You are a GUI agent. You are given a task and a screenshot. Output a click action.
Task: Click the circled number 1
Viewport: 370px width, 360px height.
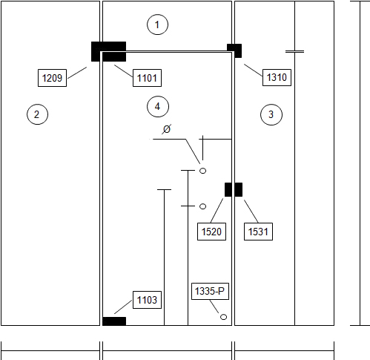[x=157, y=24]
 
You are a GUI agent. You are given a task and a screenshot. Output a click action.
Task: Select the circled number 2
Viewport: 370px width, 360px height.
[x=37, y=114]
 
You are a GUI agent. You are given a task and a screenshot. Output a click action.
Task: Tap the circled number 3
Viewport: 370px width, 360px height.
[x=271, y=114]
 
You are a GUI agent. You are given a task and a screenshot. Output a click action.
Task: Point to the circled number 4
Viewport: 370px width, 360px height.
[x=158, y=106]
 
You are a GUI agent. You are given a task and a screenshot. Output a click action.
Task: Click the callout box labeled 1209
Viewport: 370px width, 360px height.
[x=52, y=78]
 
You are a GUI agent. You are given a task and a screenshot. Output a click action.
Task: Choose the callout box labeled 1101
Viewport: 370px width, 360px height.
[x=147, y=78]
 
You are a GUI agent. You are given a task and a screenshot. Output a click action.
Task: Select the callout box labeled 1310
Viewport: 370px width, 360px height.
[x=277, y=77]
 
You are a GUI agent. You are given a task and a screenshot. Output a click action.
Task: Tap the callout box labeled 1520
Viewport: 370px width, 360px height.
[x=211, y=232]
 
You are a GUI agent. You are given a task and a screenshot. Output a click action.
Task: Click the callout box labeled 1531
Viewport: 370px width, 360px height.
[x=258, y=232]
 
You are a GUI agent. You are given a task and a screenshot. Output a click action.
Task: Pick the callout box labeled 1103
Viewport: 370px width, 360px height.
[x=147, y=300]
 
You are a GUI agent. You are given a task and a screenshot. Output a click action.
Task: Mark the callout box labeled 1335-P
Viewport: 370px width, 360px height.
[x=210, y=291]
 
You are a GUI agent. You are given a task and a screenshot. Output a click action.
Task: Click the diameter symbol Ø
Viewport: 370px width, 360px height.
[x=167, y=129]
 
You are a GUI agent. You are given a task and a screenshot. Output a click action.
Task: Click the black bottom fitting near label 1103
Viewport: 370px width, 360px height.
[x=114, y=321]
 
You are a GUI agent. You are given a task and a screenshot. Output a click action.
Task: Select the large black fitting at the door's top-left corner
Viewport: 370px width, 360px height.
[x=108, y=51]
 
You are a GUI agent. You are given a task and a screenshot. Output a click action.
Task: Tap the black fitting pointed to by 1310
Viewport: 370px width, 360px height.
[x=234, y=50]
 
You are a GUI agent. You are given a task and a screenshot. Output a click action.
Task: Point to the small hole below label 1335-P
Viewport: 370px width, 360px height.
[x=223, y=317]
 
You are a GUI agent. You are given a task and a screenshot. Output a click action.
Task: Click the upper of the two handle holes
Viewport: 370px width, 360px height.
[x=202, y=171]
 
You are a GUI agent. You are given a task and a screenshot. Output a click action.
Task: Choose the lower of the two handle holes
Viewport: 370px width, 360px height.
[x=202, y=206]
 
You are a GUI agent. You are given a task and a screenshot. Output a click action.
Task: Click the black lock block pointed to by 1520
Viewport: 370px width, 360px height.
[x=228, y=190]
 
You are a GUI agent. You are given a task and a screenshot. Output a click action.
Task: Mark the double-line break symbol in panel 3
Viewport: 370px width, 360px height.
[x=294, y=52]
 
